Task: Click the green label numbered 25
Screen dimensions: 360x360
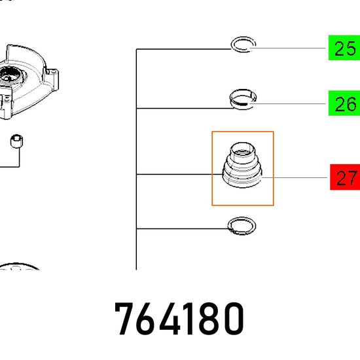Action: click(x=344, y=48)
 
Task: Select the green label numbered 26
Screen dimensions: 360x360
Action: click(x=344, y=103)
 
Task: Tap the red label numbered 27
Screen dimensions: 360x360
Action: click(x=345, y=177)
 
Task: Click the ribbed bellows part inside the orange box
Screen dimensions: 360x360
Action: click(x=242, y=175)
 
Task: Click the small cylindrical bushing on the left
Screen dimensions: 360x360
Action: click(x=16, y=141)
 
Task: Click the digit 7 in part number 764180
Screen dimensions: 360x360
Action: click(x=124, y=319)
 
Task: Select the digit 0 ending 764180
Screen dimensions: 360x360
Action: click(x=233, y=319)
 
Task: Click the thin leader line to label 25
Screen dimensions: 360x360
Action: click(x=287, y=48)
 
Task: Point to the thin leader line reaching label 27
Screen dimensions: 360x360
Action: click(x=295, y=177)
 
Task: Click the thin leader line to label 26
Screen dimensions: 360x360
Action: click(x=287, y=104)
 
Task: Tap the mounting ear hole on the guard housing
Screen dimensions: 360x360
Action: click(x=54, y=72)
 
